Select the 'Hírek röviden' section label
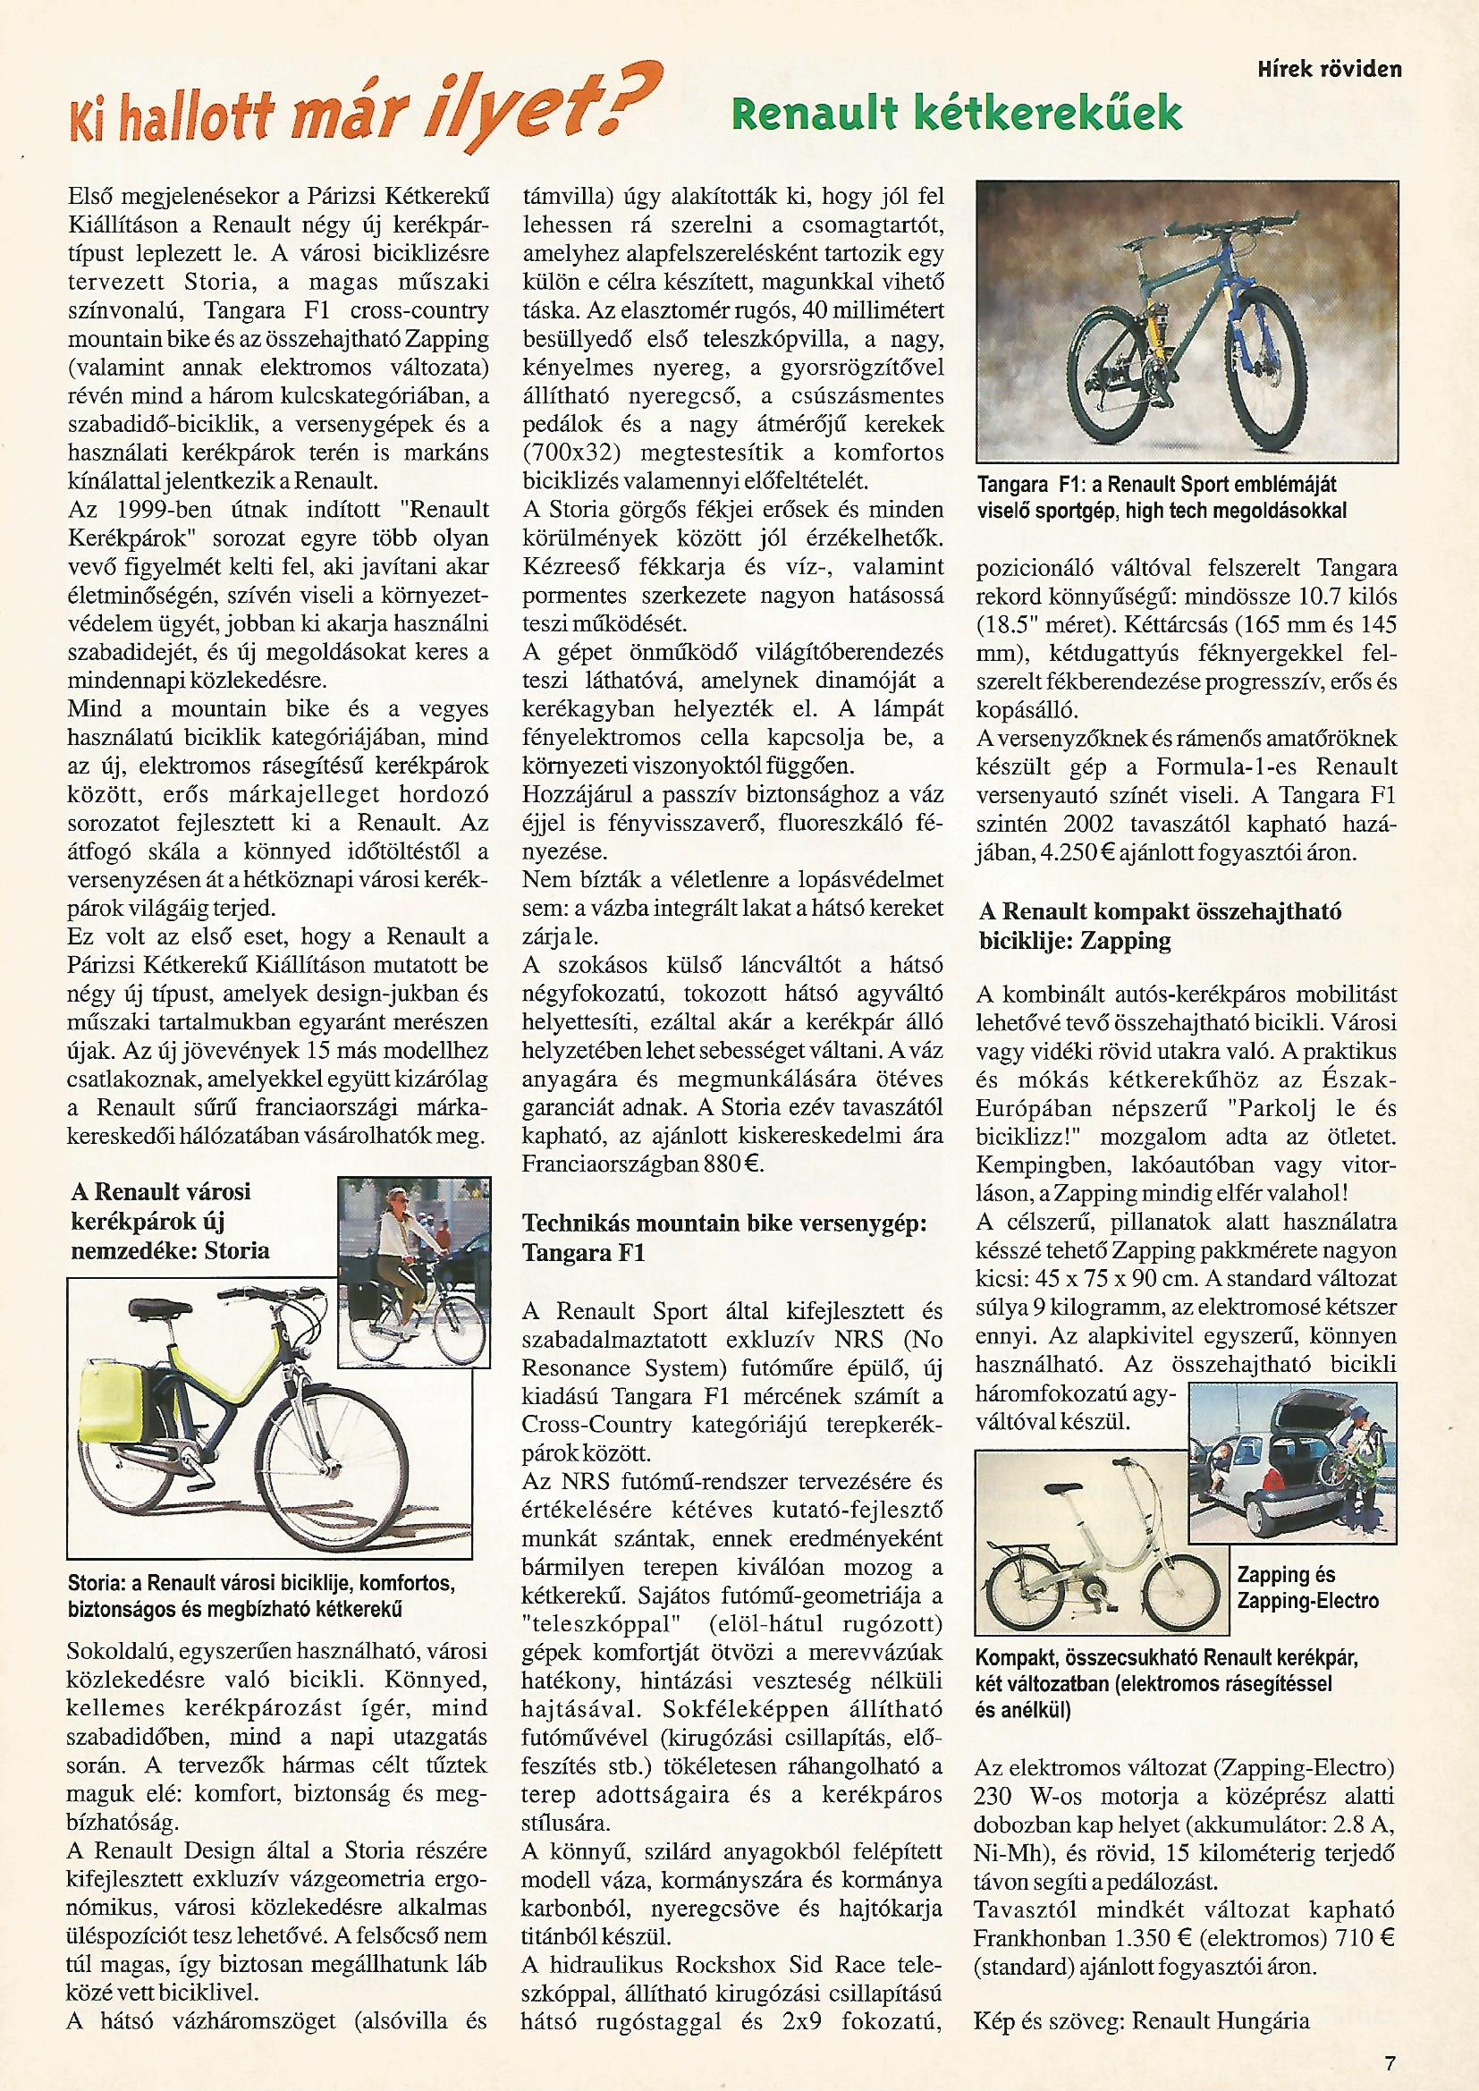1329,69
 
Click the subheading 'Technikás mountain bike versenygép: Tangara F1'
724,1238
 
